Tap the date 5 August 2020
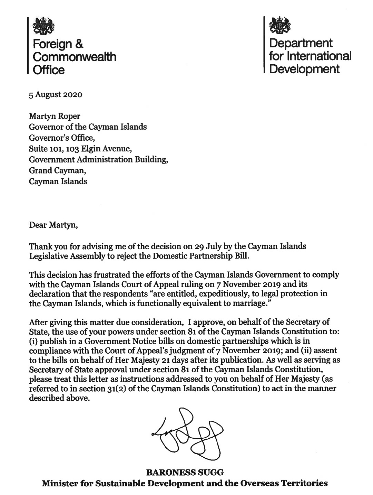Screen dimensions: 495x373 click(56, 94)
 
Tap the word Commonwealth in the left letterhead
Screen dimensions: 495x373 click(74, 57)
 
